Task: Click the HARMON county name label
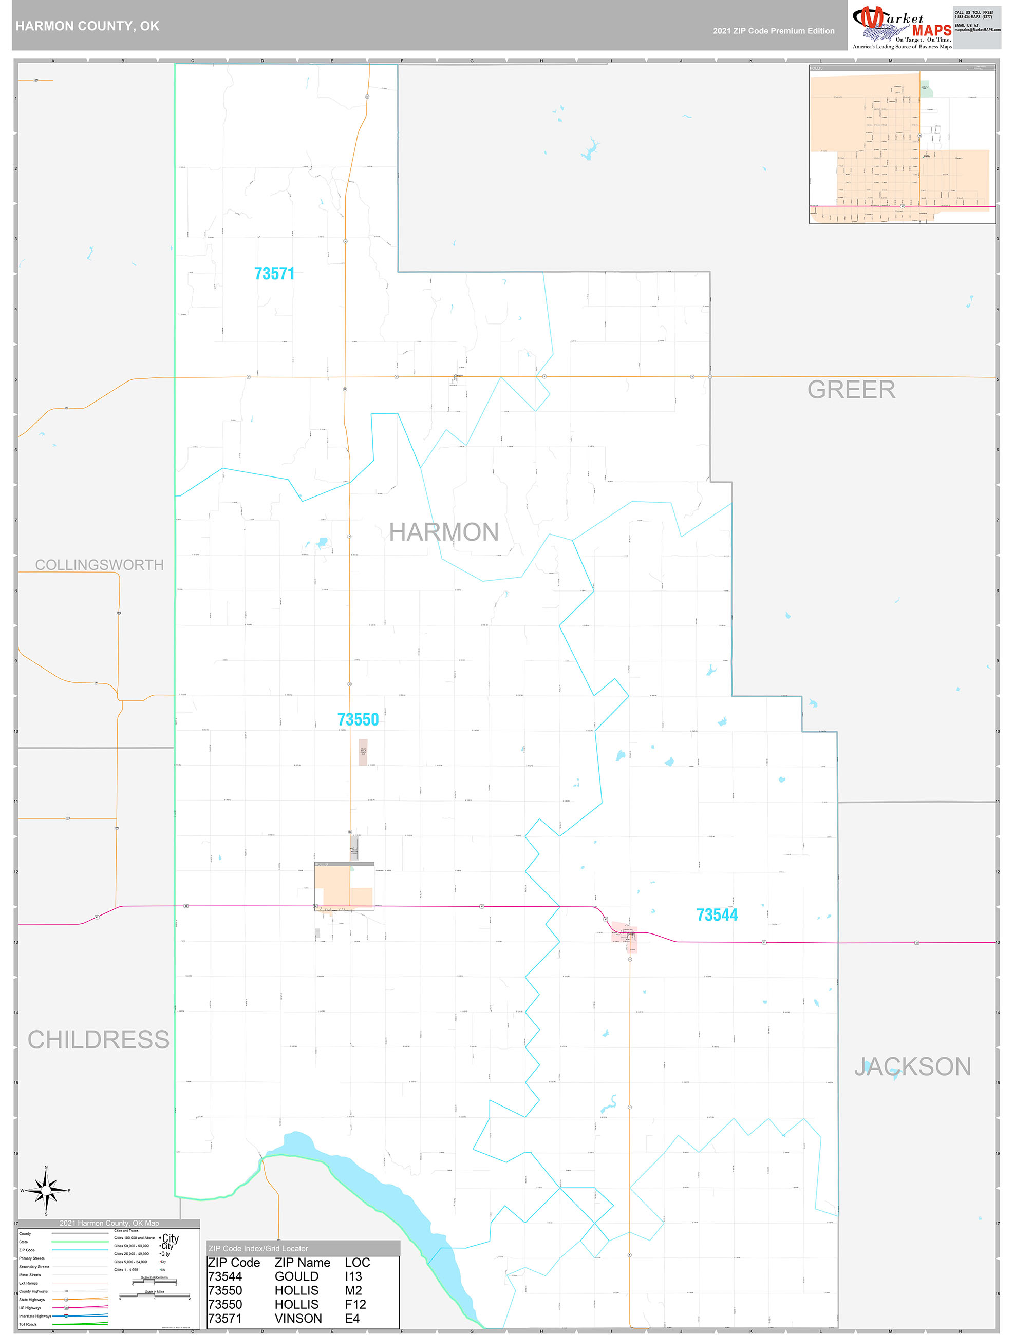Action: tap(444, 532)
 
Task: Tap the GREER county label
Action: tap(851, 390)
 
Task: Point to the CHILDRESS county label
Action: tap(99, 1040)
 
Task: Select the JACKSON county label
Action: tap(912, 1067)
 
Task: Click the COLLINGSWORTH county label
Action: tap(100, 565)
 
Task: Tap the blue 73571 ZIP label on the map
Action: tap(274, 274)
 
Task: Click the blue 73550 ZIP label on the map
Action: tap(358, 719)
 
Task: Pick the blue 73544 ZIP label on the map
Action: tap(717, 915)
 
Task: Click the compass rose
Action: tap(46, 1191)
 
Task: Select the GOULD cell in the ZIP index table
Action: tap(296, 1276)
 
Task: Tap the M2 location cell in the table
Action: tap(353, 1290)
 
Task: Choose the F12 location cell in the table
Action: tap(355, 1304)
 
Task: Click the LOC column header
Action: tap(358, 1263)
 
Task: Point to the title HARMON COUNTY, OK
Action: tap(87, 26)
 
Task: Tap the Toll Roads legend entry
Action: tap(28, 1324)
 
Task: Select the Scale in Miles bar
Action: tap(155, 1296)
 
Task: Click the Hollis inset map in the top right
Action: tap(902, 145)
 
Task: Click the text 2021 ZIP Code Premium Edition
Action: tap(774, 31)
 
